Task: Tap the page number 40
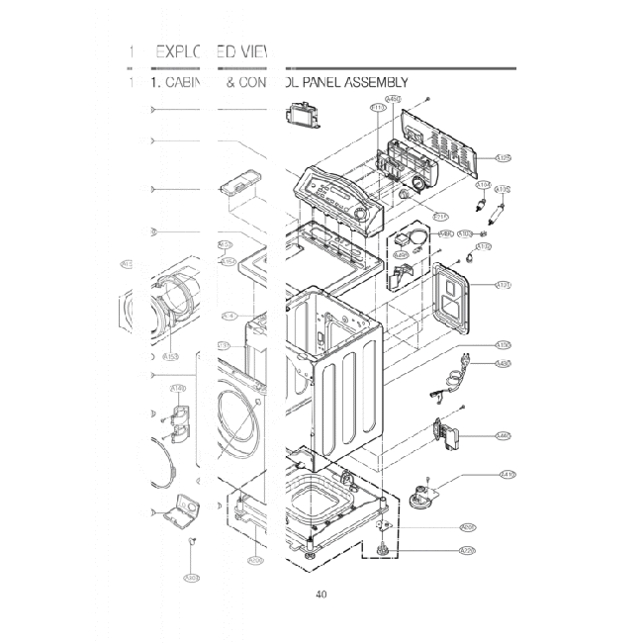click(321, 595)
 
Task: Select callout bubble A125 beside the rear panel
click(503, 157)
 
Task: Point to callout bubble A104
click(484, 185)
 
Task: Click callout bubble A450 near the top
click(393, 99)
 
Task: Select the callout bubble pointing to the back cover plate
click(504, 286)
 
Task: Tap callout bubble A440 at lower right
click(504, 435)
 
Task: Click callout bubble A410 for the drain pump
click(508, 474)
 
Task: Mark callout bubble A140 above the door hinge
click(178, 389)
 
